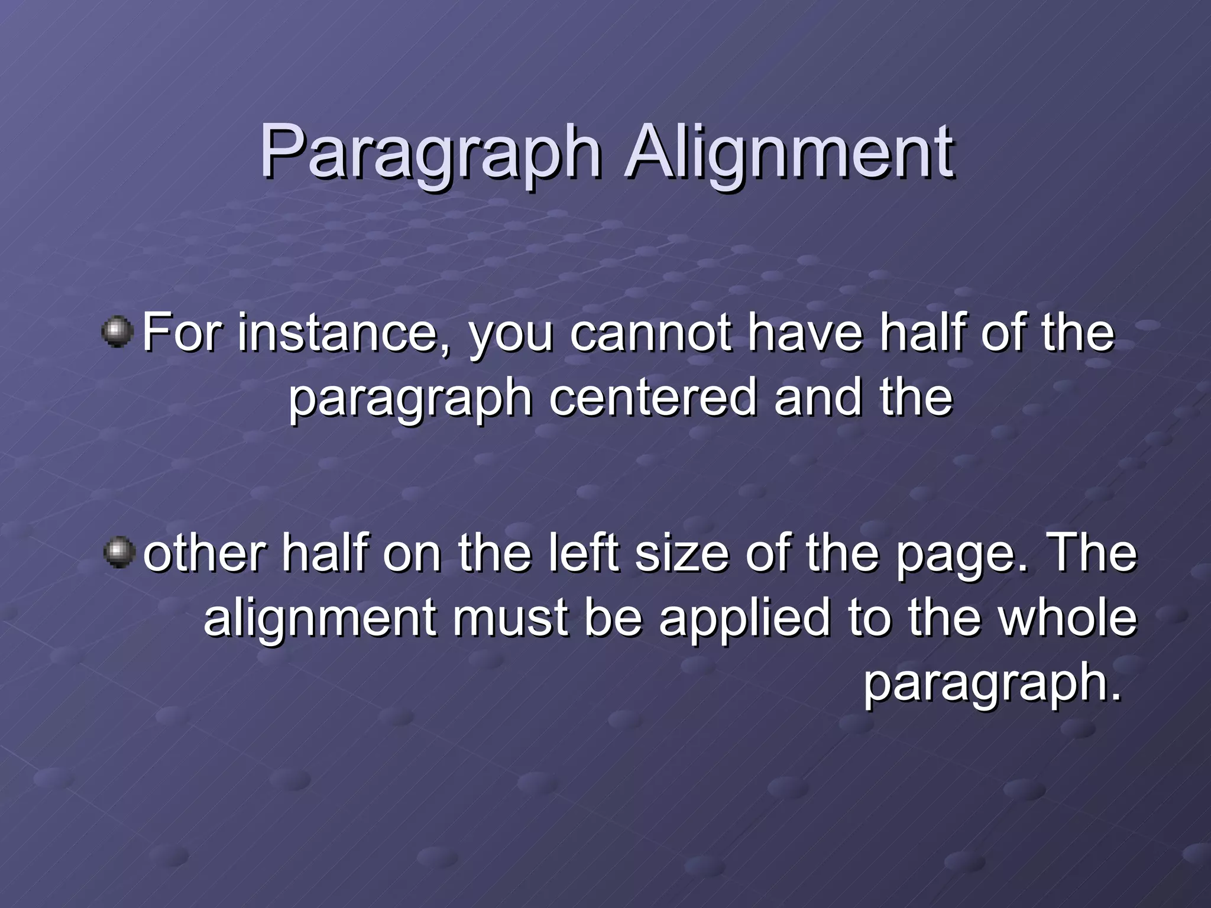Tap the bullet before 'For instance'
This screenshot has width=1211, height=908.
pyautogui.click(x=118, y=332)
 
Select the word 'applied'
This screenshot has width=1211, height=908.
pyautogui.click(x=744, y=620)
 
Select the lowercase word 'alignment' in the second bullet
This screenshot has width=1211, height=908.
pyautogui.click(x=320, y=620)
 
